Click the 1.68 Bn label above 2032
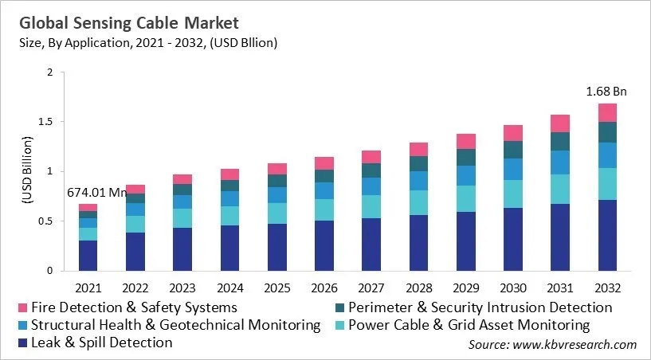point(607,92)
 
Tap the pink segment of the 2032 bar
point(607,112)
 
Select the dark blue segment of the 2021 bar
point(88,255)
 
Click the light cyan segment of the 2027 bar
point(371,206)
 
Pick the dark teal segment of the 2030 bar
point(513,150)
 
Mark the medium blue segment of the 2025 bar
point(276,194)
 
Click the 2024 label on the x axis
point(229,286)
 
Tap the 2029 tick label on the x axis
point(466,286)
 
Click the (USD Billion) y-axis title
point(25,171)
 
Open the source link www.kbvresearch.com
point(575,344)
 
